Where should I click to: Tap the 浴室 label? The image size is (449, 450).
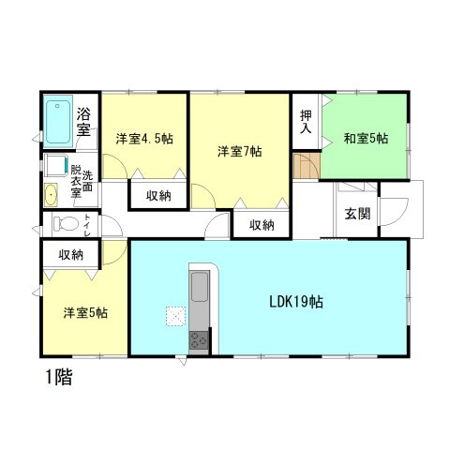coord(84,123)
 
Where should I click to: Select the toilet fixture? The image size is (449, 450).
coord(63,225)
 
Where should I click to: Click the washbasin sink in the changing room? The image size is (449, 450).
coord(51,196)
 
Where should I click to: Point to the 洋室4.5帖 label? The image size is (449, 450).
coord(144,139)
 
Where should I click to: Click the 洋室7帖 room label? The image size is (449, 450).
coord(239,150)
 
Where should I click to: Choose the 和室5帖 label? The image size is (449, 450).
coord(367,139)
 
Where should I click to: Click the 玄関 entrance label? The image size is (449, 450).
coord(357,214)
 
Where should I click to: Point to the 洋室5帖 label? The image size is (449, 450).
coord(84,312)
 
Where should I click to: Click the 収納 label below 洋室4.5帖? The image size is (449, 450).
coord(157,196)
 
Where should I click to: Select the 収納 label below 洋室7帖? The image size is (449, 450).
coord(262,225)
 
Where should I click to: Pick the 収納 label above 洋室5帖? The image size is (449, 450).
coord(71,254)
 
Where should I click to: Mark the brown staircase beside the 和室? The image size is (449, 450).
coord(307,168)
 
